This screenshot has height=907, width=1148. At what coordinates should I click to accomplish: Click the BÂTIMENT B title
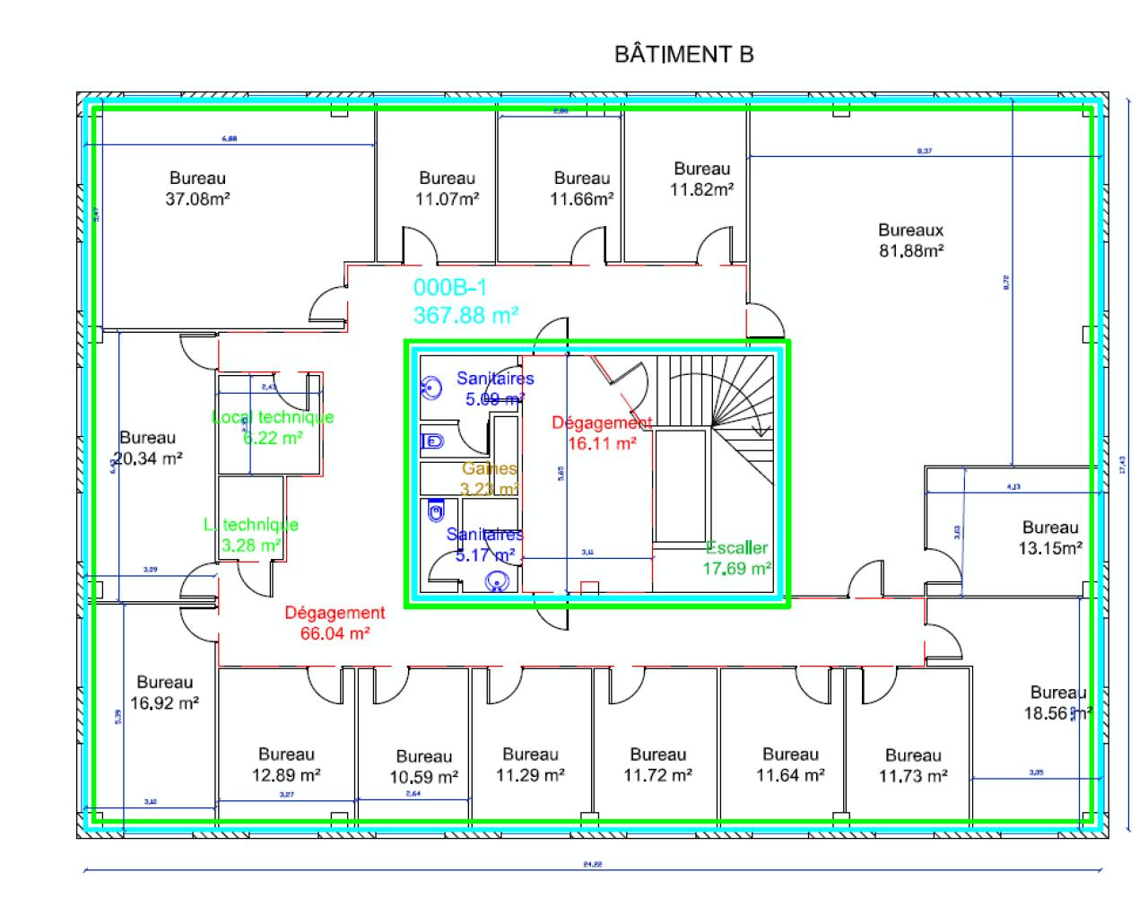tap(683, 55)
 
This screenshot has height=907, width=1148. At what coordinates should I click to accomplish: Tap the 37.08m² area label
tap(197, 199)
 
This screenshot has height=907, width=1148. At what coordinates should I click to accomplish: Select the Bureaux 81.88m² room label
tap(910, 240)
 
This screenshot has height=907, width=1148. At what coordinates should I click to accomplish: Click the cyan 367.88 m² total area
tap(466, 315)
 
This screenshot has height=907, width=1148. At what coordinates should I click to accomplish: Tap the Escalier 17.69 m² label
tap(737, 557)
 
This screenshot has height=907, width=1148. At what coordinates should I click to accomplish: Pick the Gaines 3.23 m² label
tap(490, 478)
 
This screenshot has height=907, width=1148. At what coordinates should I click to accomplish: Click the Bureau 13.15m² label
tap(1050, 537)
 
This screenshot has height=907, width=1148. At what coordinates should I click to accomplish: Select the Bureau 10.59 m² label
tap(424, 766)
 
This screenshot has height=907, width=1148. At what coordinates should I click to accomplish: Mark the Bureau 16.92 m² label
tap(164, 693)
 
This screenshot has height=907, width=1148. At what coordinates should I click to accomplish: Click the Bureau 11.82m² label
tap(702, 179)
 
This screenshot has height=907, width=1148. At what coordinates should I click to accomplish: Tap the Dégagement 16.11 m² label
tap(602, 432)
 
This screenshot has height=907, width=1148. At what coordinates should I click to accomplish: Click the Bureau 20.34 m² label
tap(150, 447)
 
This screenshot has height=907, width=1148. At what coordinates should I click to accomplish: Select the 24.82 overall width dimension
tap(592, 865)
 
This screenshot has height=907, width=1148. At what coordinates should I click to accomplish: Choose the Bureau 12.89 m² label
tap(287, 764)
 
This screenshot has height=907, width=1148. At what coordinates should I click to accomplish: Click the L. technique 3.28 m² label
tap(251, 535)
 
